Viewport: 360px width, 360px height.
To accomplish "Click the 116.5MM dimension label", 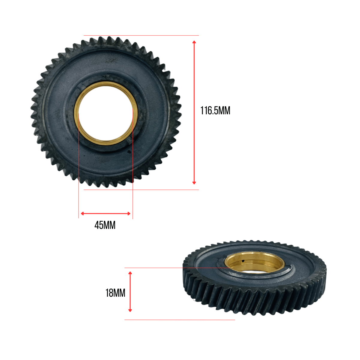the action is (215, 110).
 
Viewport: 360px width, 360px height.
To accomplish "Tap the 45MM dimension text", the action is (105, 225).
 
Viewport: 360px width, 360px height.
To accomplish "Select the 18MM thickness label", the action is (115, 293).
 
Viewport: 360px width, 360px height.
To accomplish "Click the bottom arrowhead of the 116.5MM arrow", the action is (194, 183).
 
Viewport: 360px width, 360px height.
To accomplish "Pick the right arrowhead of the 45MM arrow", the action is (129, 213).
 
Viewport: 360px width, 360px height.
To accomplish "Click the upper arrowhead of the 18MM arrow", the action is (130, 273).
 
